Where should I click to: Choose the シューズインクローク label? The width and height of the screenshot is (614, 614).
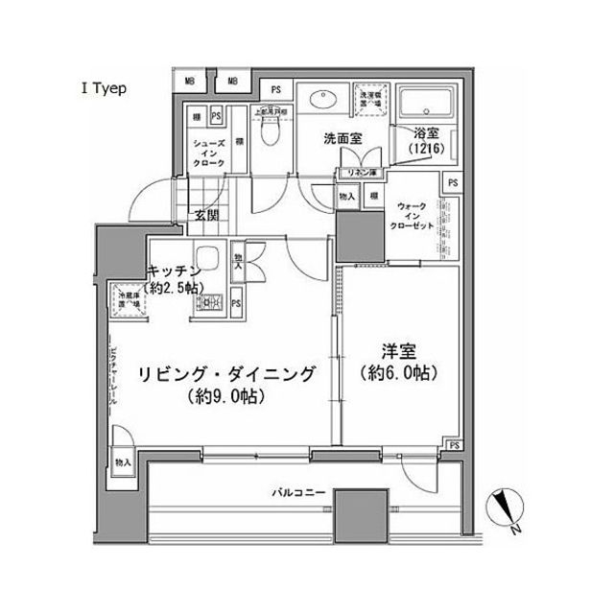point(209,151)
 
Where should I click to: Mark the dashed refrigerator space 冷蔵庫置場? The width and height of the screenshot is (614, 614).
point(128,300)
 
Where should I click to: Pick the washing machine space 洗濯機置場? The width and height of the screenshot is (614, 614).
point(369,102)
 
